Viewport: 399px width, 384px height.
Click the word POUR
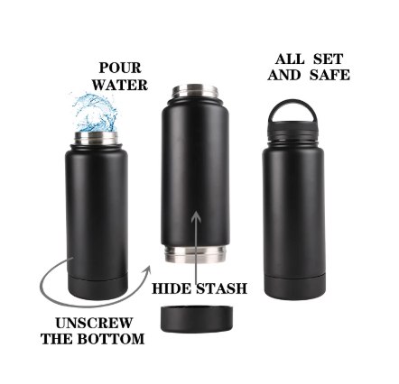tap(120, 68)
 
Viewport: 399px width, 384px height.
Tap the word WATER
tap(120, 85)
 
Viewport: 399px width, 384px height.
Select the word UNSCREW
tap(94, 324)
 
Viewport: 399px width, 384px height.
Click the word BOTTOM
tap(111, 339)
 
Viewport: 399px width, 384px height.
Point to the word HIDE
tap(172, 288)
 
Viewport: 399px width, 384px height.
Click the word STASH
tap(222, 288)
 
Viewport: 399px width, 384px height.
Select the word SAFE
tap(329, 75)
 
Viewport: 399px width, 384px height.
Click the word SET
tap(329, 59)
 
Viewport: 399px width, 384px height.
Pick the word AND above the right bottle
tap(284, 75)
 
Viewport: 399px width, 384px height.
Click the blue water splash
tap(95, 113)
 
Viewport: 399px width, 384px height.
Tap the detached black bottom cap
tap(197, 319)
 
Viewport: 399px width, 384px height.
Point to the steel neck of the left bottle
tap(96, 138)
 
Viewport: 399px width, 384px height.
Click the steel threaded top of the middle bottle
tap(195, 91)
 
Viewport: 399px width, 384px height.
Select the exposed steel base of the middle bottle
tap(195, 254)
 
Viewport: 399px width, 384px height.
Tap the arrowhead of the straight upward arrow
tap(196, 216)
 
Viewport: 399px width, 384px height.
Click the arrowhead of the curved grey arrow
tap(146, 270)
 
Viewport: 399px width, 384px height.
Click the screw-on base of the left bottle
tap(97, 288)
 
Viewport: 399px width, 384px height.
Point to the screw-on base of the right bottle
tap(294, 287)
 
